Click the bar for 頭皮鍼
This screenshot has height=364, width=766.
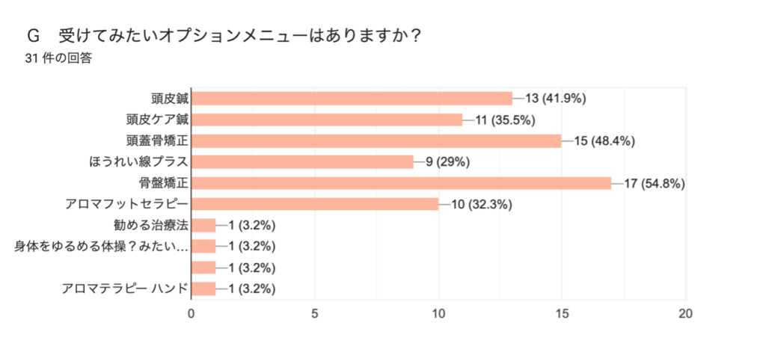[352, 98]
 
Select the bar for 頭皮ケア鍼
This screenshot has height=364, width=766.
[327, 119]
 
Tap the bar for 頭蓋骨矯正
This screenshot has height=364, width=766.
[376, 141]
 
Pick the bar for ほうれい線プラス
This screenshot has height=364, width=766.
[302, 161]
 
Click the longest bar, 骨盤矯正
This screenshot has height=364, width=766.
[401, 183]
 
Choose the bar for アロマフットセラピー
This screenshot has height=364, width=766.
[315, 204]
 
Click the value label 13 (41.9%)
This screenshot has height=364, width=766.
[555, 98]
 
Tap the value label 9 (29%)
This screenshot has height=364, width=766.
[447, 161]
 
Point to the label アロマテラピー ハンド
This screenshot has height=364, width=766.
[124, 289]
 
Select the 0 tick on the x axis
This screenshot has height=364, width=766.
[191, 314]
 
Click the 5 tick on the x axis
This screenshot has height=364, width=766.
[315, 314]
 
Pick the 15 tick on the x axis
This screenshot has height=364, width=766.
[562, 314]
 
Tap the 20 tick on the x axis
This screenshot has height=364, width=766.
[685, 314]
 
